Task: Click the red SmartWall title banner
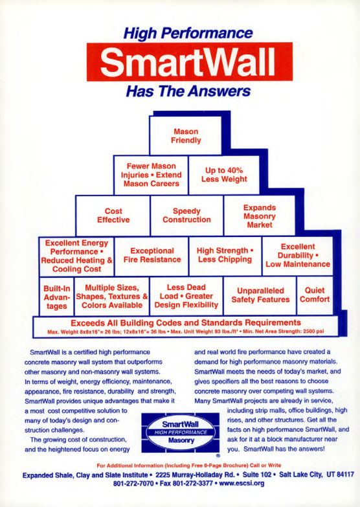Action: point(190,62)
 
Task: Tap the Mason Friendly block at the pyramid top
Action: point(186,136)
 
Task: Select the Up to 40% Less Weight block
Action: point(224,175)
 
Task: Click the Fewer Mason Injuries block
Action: point(151,175)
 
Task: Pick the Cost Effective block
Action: point(113,216)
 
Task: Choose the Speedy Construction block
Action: point(186,216)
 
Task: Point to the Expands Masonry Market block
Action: point(260,216)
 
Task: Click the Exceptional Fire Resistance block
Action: point(152,256)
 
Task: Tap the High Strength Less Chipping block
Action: point(225,256)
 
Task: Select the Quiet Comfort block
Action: point(315,295)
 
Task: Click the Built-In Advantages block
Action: point(56,296)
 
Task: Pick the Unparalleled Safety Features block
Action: point(260,295)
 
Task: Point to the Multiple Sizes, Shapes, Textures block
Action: point(112,296)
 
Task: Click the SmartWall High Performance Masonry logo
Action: point(181,433)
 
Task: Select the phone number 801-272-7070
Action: point(133,484)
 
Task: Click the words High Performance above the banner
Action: point(188,33)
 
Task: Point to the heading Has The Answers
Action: point(188,91)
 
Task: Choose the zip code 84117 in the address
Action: point(346,475)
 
